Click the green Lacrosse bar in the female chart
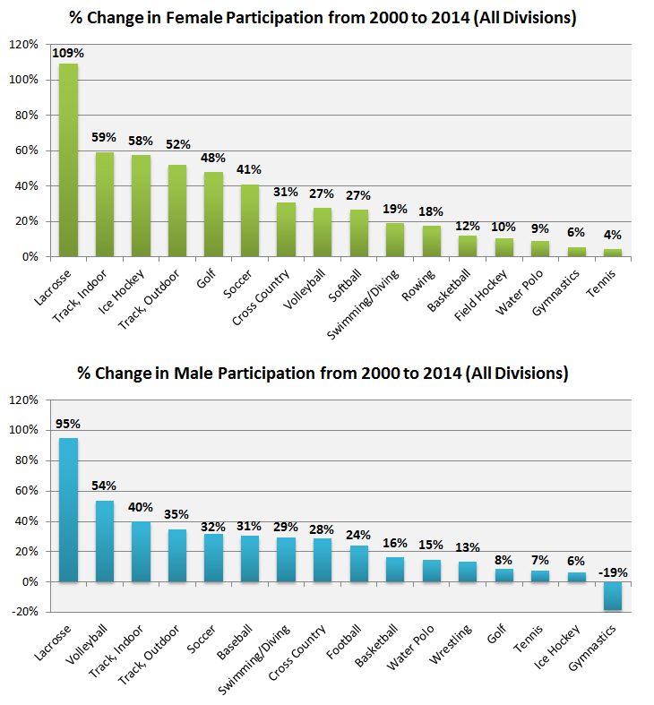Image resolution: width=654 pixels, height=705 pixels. pos(68,161)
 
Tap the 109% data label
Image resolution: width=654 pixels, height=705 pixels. pos(66,53)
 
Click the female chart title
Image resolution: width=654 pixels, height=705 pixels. pos(328,18)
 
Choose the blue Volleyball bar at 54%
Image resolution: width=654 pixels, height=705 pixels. pos(105,542)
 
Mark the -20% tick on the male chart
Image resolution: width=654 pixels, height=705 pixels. pos(26,612)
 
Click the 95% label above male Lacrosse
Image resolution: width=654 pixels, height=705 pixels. pos(68,424)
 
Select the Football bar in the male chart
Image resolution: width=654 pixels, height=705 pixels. pos(358,564)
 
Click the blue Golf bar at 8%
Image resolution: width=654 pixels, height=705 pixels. pos(503,576)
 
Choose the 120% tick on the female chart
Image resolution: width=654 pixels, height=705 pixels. pos(23,45)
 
